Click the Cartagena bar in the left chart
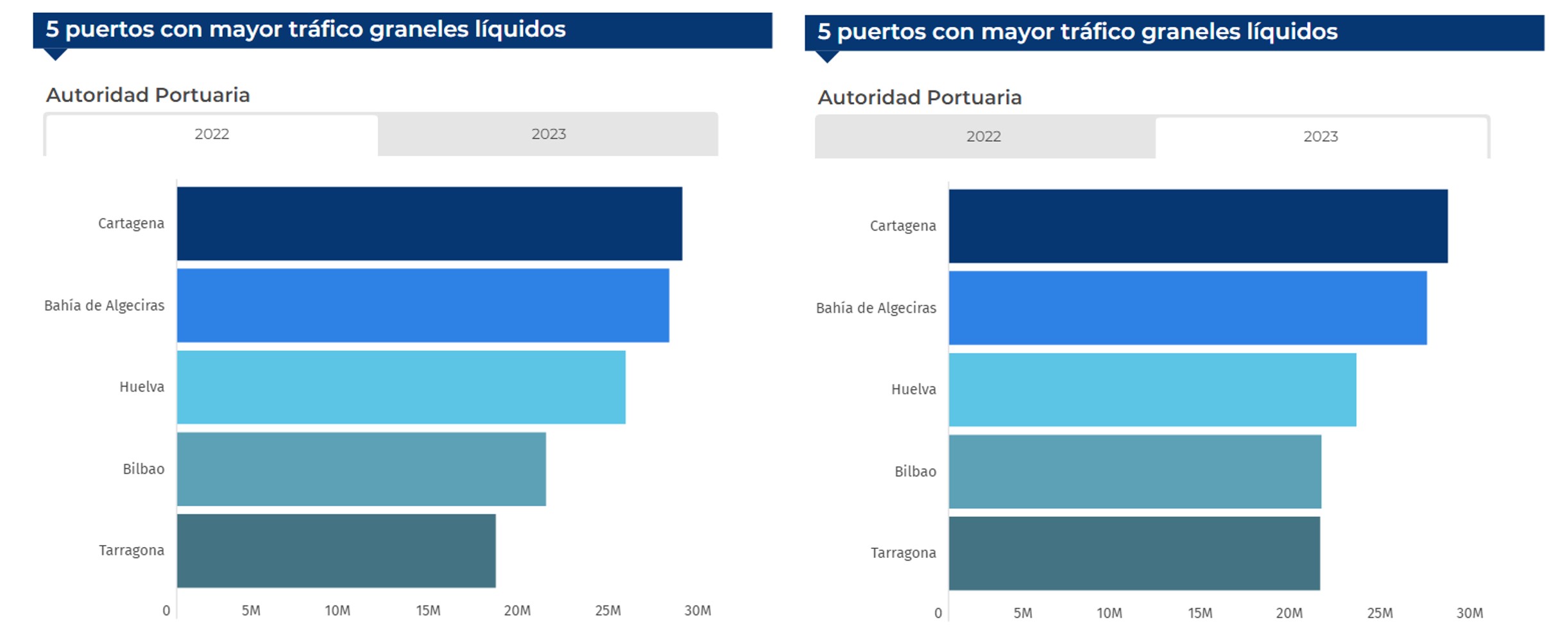(x=429, y=223)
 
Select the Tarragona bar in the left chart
(x=336, y=550)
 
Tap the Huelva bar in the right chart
(x=1152, y=389)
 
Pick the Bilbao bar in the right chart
(x=1134, y=471)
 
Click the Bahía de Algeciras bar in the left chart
(x=423, y=305)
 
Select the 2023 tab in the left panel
(x=548, y=134)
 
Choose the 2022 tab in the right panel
(x=984, y=137)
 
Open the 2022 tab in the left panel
(x=212, y=134)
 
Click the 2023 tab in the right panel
(x=1321, y=137)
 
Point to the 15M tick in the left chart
(x=428, y=611)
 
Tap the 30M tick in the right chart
(x=1469, y=613)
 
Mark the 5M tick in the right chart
(x=1023, y=613)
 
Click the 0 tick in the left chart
(x=166, y=611)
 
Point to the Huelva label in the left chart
(x=142, y=387)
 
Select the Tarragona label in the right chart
(x=903, y=553)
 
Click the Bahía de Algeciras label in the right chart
(x=876, y=308)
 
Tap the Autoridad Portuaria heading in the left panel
(x=148, y=95)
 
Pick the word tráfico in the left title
(x=326, y=29)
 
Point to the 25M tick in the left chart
(x=608, y=611)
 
